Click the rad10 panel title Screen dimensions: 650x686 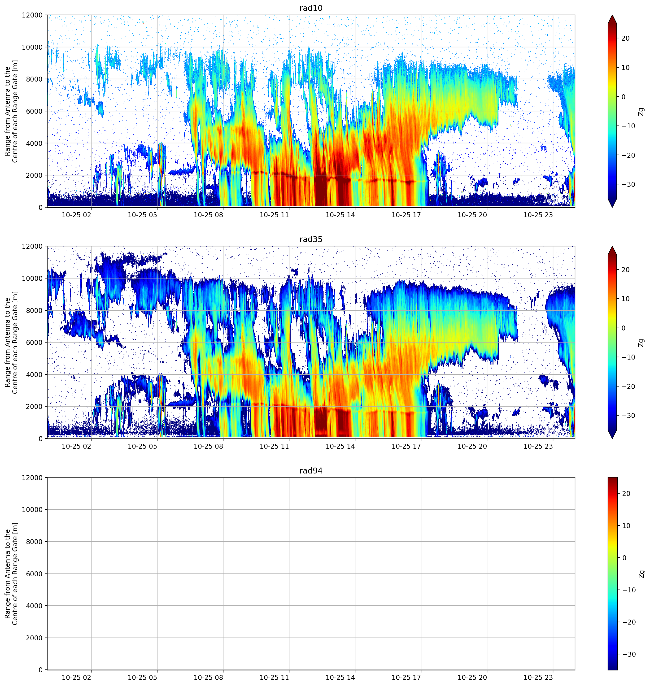[x=311, y=8]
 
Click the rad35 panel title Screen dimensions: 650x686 [x=311, y=239]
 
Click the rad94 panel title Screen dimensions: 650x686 [x=311, y=470]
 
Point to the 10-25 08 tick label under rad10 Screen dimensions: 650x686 [x=208, y=215]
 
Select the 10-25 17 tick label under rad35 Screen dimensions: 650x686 [x=406, y=446]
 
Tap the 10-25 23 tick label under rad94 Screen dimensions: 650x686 [x=538, y=677]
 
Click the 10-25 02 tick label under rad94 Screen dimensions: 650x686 [x=76, y=677]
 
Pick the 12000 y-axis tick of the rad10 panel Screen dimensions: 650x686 [x=32, y=15]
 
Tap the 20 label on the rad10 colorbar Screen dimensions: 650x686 [x=625, y=39]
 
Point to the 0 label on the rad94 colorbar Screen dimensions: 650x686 [x=624, y=558]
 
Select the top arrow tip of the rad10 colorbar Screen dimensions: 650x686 [x=612, y=15]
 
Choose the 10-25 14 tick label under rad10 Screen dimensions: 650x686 [x=340, y=215]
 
